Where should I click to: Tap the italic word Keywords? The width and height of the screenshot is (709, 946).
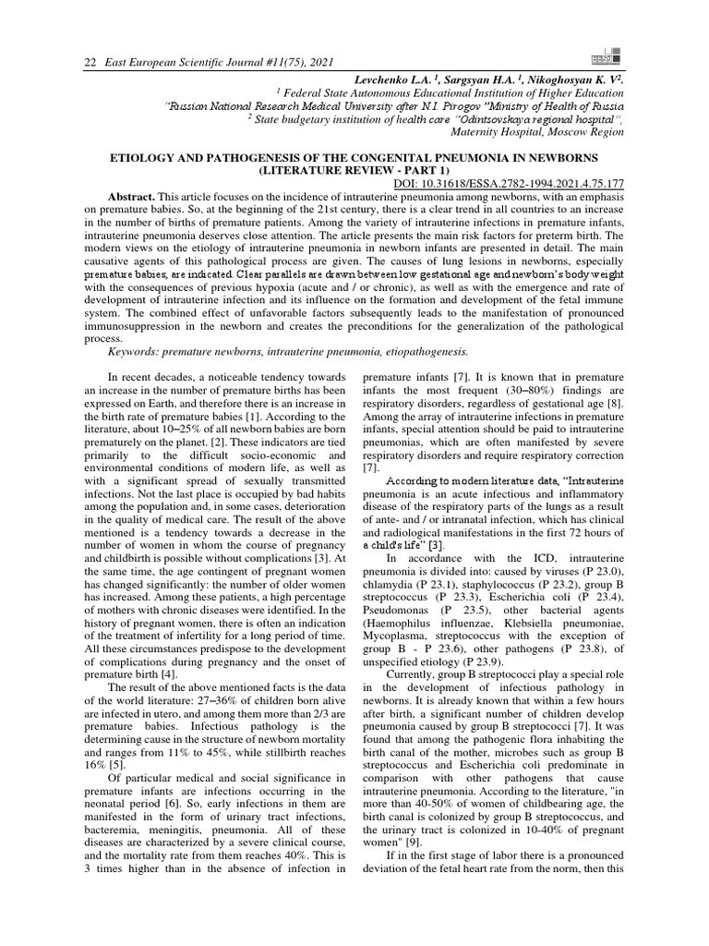point(138,351)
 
